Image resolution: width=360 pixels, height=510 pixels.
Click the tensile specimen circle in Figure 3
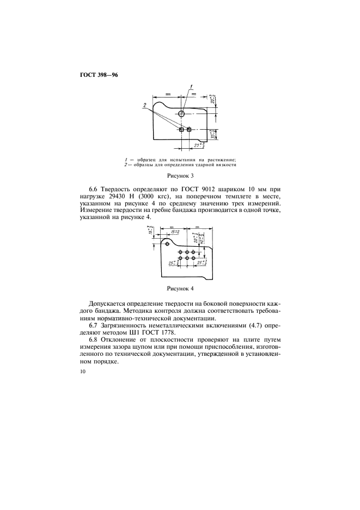click(181, 113)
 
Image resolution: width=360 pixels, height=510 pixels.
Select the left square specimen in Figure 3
click(181, 130)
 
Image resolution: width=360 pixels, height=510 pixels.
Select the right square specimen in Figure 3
click(189, 130)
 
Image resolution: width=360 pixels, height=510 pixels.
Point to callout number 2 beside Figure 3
click(145, 104)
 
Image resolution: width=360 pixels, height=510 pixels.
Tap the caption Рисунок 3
click(180, 176)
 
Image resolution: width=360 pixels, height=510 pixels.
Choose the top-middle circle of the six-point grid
click(187, 252)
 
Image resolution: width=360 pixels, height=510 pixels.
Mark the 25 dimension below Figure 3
click(199, 145)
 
